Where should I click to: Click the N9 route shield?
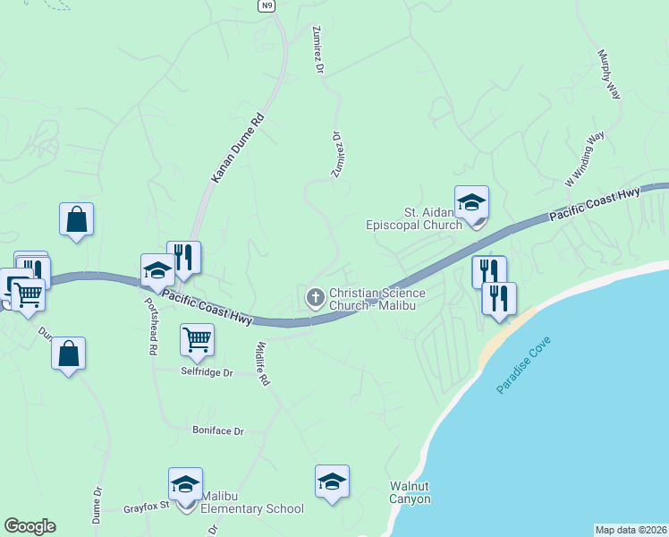click(266, 5)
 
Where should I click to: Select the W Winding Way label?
click(586, 158)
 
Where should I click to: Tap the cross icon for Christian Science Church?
click(315, 298)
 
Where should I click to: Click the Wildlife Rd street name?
click(262, 362)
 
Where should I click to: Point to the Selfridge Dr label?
click(207, 371)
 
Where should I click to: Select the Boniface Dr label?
click(218, 430)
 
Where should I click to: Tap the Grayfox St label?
click(146, 509)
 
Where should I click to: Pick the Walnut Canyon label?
click(411, 493)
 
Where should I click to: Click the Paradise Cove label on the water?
click(525, 366)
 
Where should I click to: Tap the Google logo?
click(30, 526)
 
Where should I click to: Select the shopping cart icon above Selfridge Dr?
click(197, 339)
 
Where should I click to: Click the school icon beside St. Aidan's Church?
click(471, 202)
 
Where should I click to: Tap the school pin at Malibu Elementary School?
click(185, 484)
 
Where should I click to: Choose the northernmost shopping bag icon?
click(77, 218)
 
